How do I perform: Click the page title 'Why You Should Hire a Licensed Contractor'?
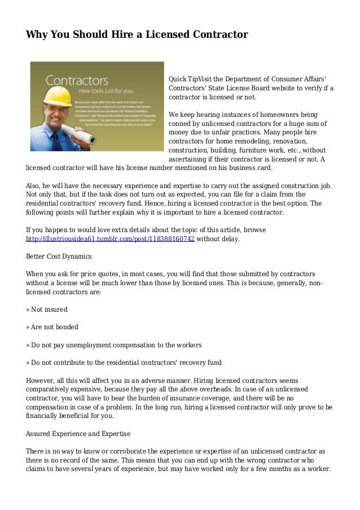137,35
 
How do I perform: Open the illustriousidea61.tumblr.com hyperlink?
111,239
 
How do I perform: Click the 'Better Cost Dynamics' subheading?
59,256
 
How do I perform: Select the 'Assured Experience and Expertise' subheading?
78,434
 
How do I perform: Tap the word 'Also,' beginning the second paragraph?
34,185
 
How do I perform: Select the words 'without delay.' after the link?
218,239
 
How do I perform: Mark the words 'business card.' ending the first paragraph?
252,168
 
